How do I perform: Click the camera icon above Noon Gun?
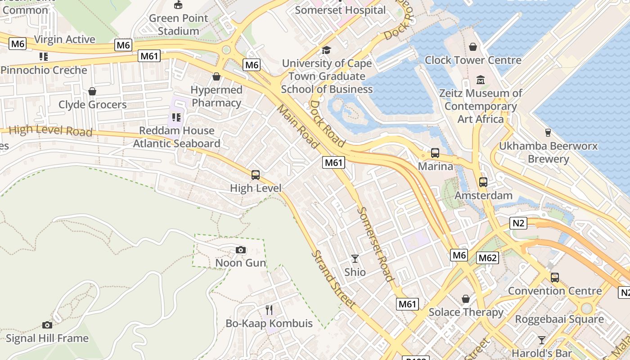[x=241, y=250]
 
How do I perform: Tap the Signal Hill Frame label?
[x=47, y=338]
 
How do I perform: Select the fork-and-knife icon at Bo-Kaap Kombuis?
[x=269, y=310]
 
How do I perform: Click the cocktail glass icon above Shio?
[x=355, y=258]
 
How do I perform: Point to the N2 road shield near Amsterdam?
[x=519, y=223]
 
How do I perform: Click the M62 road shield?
[x=487, y=258]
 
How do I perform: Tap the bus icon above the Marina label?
[x=435, y=153]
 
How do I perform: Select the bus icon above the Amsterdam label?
[x=483, y=182]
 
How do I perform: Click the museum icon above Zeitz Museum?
[x=481, y=80]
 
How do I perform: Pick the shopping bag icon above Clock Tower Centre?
[x=473, y=47]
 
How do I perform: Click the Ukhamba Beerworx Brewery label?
[x=548, y=153]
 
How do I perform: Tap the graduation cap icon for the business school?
[x=326, y=50]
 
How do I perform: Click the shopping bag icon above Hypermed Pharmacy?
[x=216, y=76]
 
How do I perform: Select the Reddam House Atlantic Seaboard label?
[x=176, y=137]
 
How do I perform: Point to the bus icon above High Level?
[x=256, y=175]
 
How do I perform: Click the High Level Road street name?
[x=50, y=131]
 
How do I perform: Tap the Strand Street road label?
[x=334, y=279]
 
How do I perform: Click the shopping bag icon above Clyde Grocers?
[x=92, y=91]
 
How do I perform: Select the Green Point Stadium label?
[x=179, y=24]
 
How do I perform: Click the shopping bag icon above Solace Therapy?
[x=466, y=299]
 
